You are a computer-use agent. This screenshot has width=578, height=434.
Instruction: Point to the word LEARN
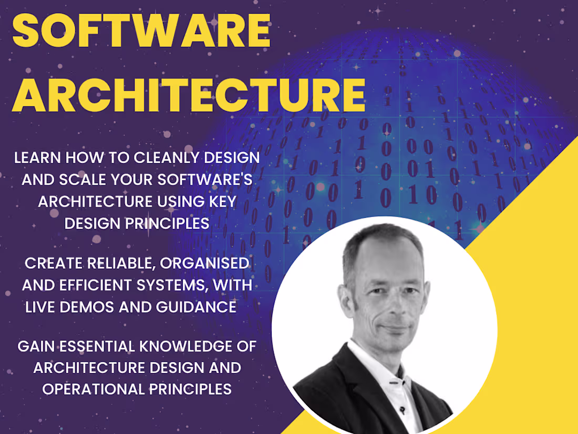pyautogui.click(x=36, y=157)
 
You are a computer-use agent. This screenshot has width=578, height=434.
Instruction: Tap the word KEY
pyautogui.click(x=220, y=201)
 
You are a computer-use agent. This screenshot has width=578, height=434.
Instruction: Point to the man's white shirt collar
pyautogui.click(x=368, y=363)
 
